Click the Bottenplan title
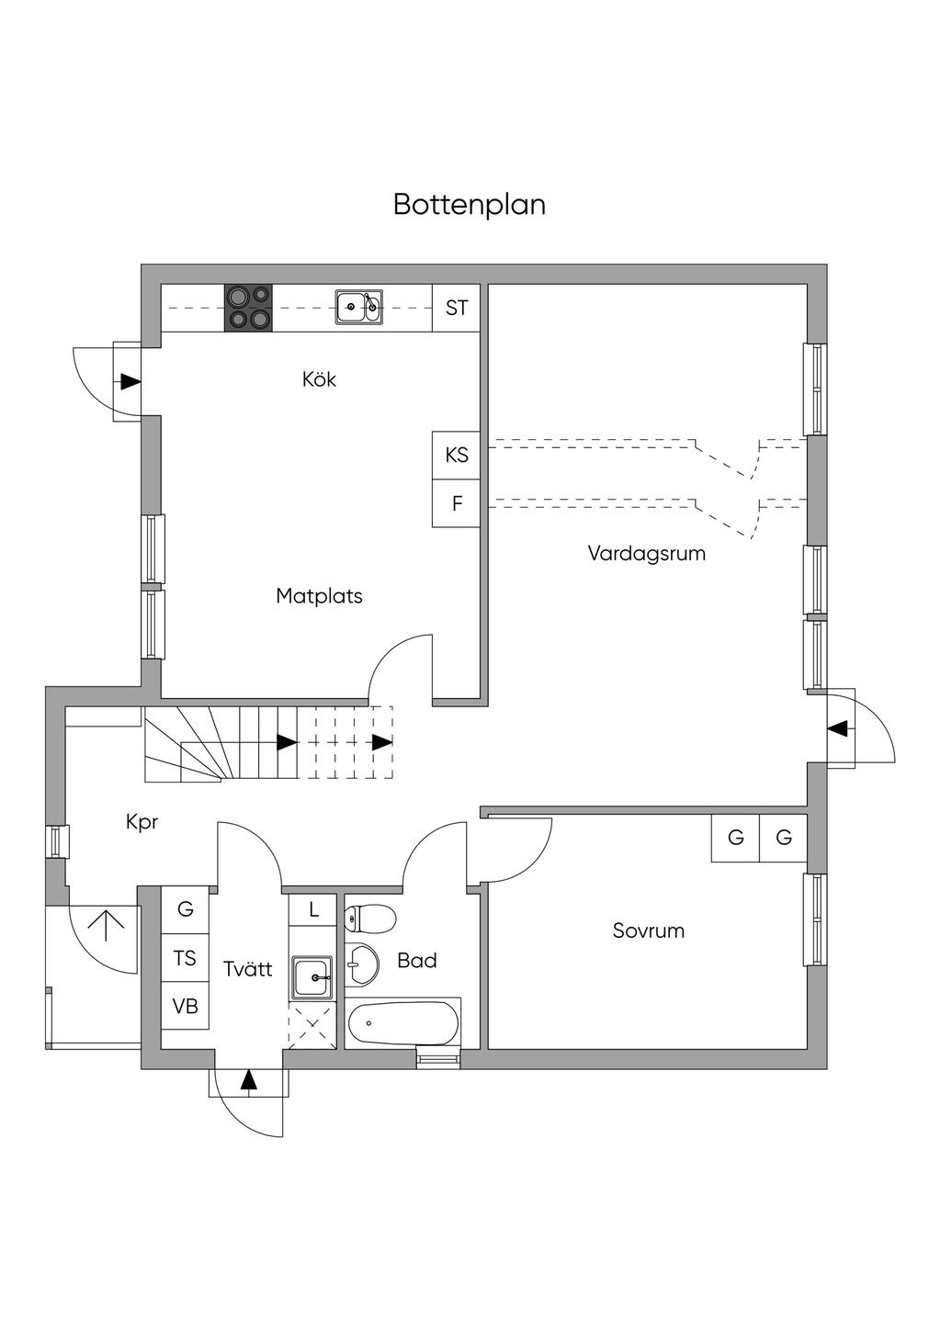[x=469, y=204]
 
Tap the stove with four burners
[x=248, y=308]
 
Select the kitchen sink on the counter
[x=358, y=307]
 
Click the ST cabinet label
[x=457, y=308]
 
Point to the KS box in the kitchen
[x=457, y=455]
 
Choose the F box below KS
[x=457, y=503]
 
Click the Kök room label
[x=319, y=378]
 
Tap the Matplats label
[x=319, y=596]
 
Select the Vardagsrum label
[x=646, y=553]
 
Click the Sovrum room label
[x=648, y=930]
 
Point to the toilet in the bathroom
[x=369, y=917]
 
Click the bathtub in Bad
[x=402, y=1023]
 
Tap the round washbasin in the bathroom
[x=363, y=961]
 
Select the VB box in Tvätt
[x=186, y=1006]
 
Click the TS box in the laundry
[x=186, y=958]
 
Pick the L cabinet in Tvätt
[x=313, y=910]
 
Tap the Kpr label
[x=142, y=822]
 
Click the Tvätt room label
[x=248, y=968]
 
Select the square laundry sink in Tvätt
[x=312, y=976]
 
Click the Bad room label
[x=416, y=961]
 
